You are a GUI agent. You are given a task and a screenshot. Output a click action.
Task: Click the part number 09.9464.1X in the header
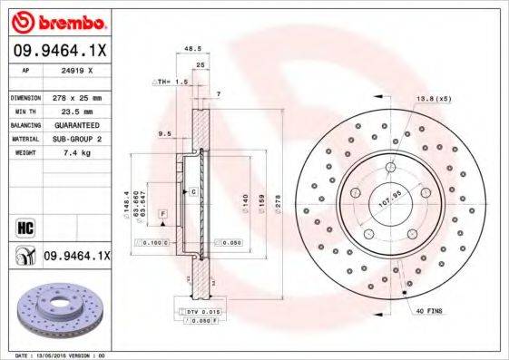tap(59, 50)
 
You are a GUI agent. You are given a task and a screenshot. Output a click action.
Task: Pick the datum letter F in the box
tap(162, 212)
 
